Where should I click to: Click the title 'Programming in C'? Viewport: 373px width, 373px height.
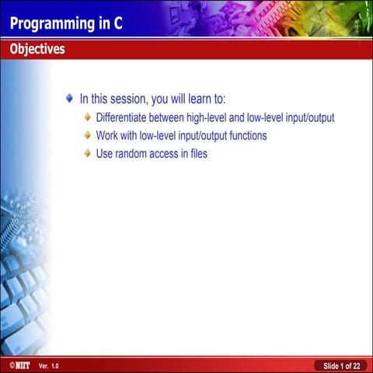click(66, 23)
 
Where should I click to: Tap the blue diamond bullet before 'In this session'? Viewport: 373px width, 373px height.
click(70, 99)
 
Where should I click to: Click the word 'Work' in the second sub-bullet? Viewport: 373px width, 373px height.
click(107, 135)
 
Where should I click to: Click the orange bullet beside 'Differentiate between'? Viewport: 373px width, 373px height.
click(88, 118)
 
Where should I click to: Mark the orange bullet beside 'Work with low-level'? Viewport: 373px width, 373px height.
click(88, 135)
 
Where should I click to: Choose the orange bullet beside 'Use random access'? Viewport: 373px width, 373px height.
click(88, 153)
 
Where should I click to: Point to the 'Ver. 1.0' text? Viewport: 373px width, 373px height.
click(48, 365)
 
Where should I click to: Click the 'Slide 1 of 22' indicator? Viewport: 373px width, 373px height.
click(341, 365)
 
